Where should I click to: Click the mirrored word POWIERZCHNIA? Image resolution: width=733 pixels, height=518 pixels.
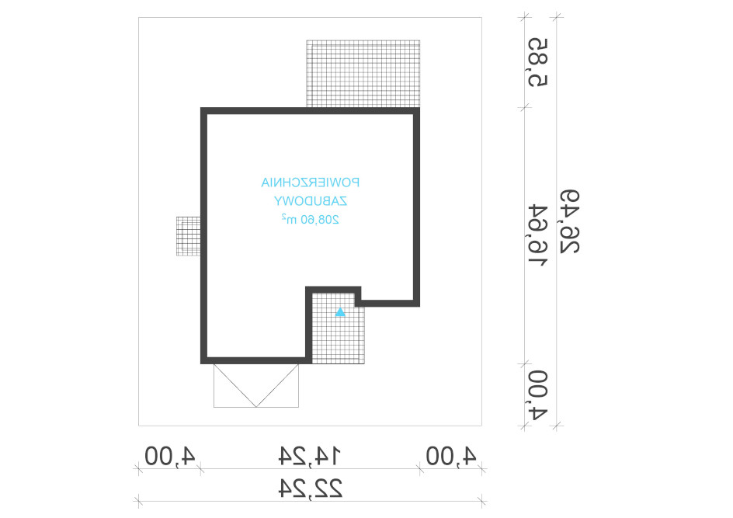point(311,183)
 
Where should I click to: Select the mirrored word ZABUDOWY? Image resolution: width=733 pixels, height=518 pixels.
point(311,201)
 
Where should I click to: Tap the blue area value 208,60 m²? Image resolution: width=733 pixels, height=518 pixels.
point(311,219)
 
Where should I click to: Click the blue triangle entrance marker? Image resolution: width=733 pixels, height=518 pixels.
point(340,312)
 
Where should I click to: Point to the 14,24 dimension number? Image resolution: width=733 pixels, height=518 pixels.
point(310,456)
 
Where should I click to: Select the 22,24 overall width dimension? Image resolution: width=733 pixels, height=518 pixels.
point(311,488)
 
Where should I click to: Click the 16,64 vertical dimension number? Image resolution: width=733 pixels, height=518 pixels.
point(537,235)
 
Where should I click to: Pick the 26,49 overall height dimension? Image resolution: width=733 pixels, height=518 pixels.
point(570,221)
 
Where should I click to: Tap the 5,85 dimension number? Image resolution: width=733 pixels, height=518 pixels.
point(537,62)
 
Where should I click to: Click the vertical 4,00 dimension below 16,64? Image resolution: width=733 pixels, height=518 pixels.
point(537,395)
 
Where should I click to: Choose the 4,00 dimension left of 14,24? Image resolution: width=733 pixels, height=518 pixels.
point(169,456)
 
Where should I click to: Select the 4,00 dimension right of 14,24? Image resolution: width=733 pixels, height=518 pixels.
point(451,456)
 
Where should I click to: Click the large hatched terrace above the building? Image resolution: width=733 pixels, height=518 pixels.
point(363,74)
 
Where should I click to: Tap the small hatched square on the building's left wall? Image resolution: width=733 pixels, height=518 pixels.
point(189,236)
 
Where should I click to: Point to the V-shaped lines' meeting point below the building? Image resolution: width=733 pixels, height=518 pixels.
point(256,407)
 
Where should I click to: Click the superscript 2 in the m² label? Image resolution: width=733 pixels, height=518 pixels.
point(283,217)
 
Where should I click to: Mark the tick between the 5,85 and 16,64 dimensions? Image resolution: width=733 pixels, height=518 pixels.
point(524,108)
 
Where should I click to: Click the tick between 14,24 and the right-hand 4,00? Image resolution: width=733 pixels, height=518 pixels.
point(420,469)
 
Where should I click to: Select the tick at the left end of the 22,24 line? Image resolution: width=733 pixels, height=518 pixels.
point(138,502)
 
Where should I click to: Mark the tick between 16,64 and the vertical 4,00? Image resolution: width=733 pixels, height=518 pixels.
point(524,363)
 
